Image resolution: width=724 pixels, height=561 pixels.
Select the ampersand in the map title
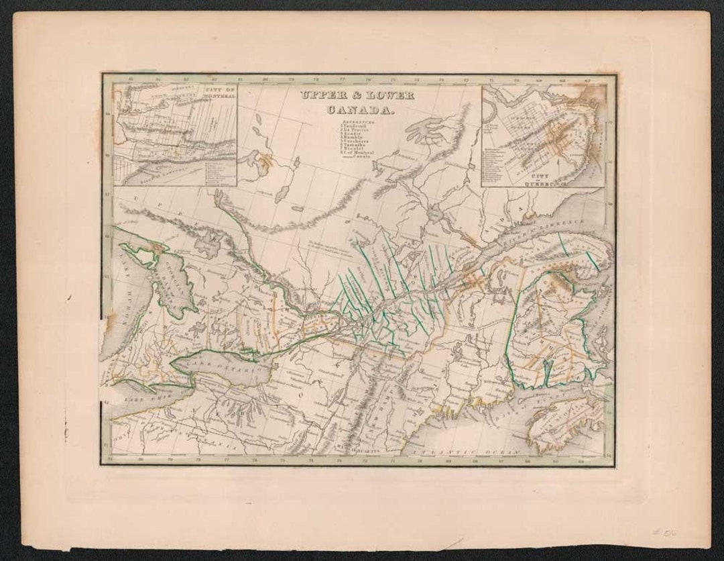357,96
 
